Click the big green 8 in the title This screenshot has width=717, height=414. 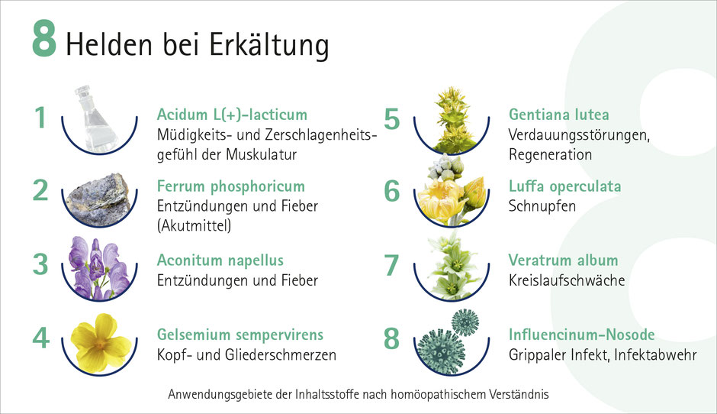click(44, 38)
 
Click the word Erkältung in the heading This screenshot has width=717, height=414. click(269, 45)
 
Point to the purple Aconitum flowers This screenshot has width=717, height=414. click(98, 268)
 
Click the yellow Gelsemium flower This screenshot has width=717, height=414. click(101, 341)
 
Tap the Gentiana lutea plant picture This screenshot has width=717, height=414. click(452, 119)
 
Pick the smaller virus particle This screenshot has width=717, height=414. click(465, 322)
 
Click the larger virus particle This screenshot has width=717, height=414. click(440, 351)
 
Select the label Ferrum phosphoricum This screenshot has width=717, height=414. click(231, 186)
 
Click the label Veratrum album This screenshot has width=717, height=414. click(564, 260)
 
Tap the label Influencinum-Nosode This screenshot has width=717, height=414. click(582, 335)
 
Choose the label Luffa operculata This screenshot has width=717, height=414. click(564, 186)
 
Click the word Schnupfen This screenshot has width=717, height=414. click(542, 206)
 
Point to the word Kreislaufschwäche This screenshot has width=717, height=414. click(567, 280)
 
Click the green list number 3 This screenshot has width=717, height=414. click(40, 264)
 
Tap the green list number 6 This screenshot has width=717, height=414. click(392, 190)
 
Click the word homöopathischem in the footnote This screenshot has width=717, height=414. click(439, 394)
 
